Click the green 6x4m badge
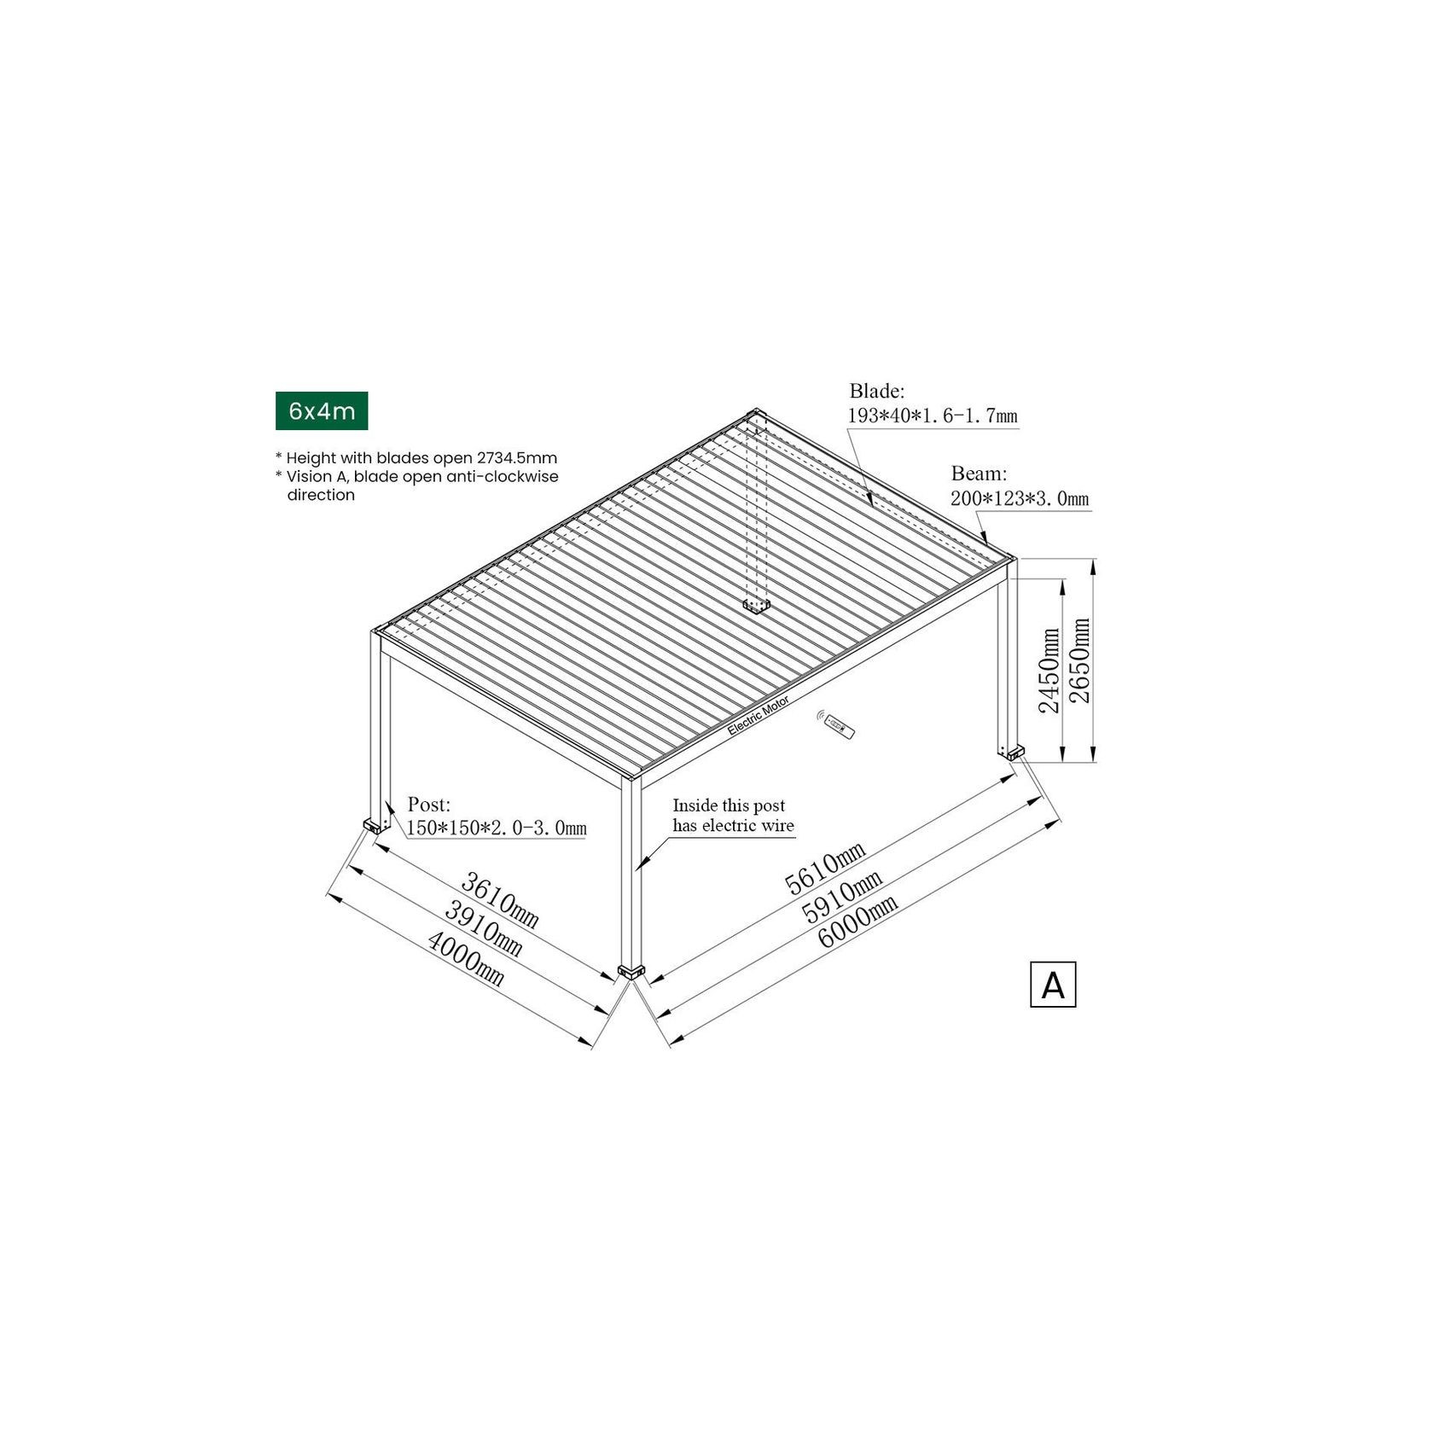pos(321,411)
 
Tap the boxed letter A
pos(1052,985)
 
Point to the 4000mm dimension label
pos(465,958)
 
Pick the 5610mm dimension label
pos(825,867)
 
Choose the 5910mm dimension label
pos(841,896)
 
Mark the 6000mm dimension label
pos(857,922)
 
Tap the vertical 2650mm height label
pos(1079,660)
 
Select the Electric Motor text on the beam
pos(758,715)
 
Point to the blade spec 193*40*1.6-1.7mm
pos(932,416)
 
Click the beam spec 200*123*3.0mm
pos(1019,498)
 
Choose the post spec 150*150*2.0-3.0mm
pos(496,828)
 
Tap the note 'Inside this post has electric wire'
pos(732,816)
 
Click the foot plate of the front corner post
pos(631,972)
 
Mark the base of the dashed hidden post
pos(755,607)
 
